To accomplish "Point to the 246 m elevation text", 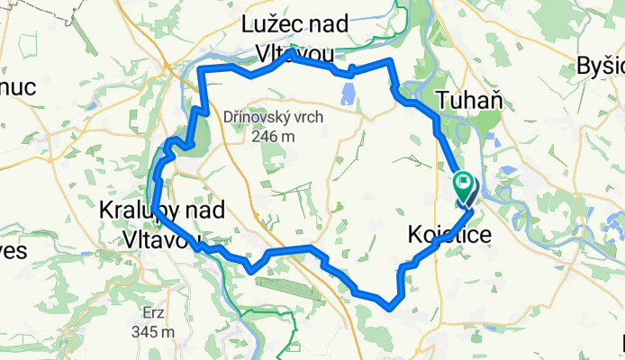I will click(274, 137).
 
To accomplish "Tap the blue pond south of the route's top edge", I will click(347, 92).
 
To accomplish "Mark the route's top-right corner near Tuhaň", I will click(390, 60).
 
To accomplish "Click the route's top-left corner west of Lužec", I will click(201, 69).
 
